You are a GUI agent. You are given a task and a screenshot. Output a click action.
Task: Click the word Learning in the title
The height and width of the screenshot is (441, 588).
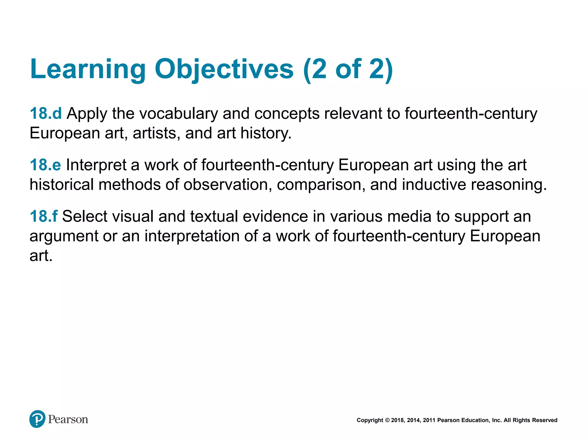pos(88,69)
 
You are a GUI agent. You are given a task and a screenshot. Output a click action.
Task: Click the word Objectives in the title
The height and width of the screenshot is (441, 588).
pos(224,69)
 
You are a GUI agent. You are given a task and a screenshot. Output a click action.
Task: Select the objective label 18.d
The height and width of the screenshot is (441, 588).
pos(46,113)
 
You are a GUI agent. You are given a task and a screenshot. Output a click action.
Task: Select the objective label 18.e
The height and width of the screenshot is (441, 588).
pos(45,165)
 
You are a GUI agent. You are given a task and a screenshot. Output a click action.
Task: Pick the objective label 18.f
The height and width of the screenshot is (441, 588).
pos(44,216)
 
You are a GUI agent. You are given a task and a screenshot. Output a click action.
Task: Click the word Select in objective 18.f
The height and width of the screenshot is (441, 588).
pos(84,216)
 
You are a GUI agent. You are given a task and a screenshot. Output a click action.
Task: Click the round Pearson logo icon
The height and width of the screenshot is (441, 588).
pos(37,419)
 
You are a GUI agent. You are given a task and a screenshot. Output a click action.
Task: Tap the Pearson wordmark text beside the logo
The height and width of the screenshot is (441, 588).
pos(68,419)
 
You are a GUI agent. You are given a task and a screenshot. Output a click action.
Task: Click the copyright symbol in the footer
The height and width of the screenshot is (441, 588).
pos(387,420)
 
